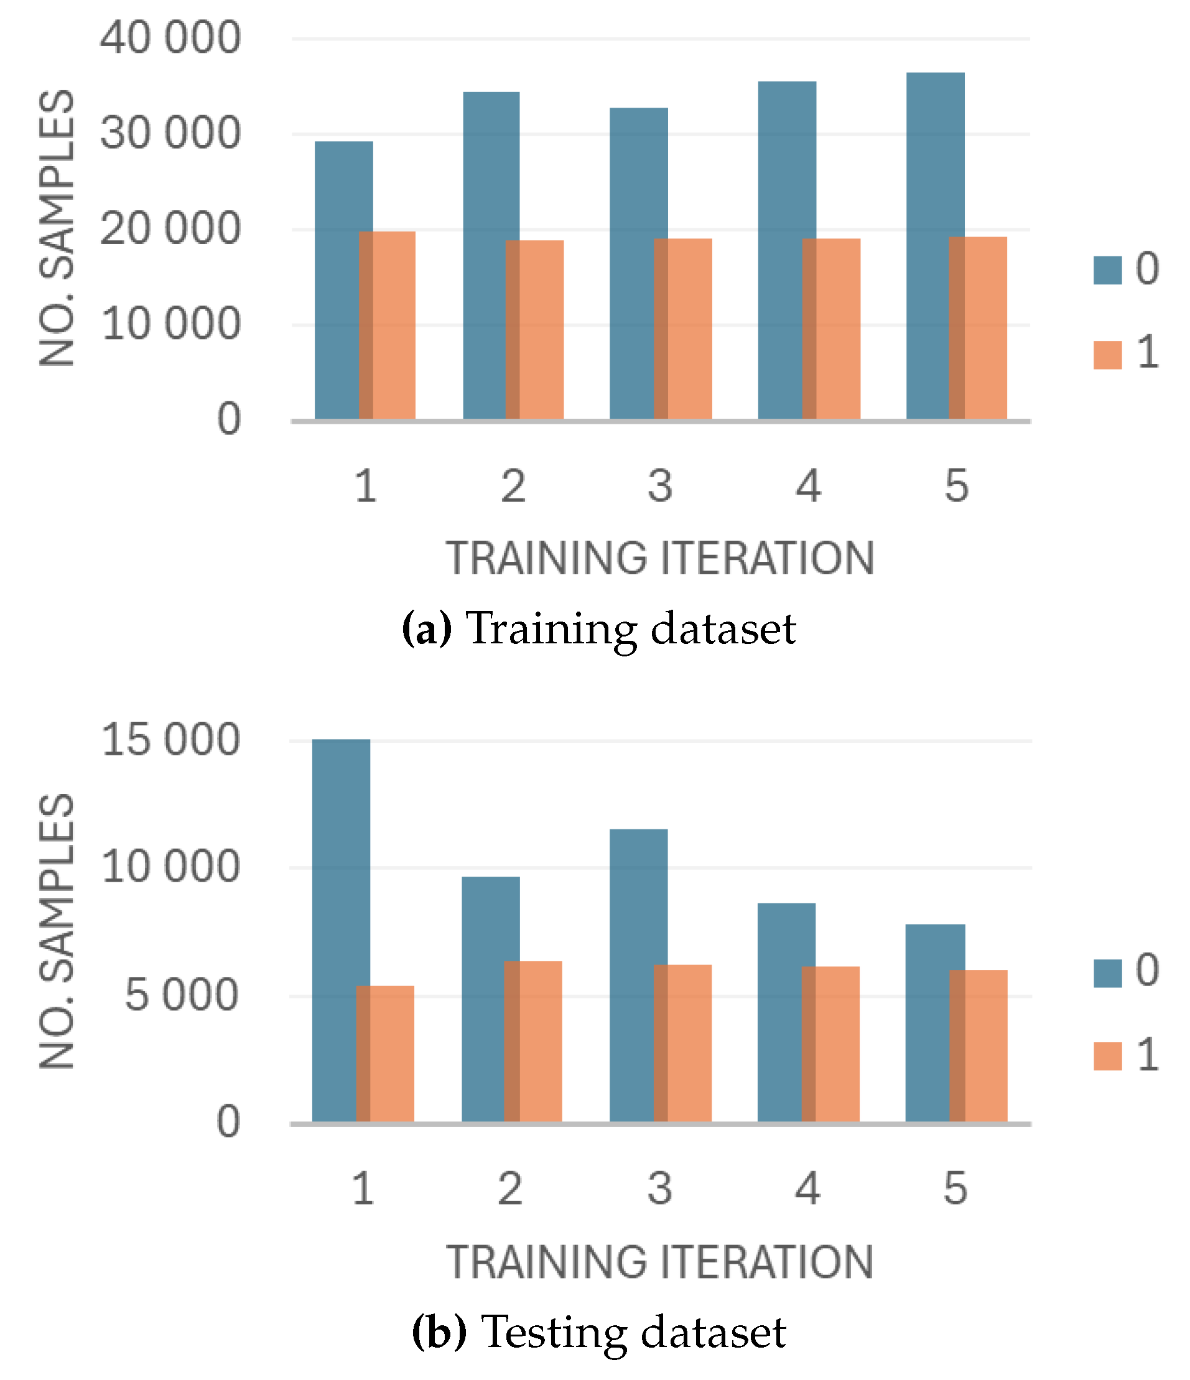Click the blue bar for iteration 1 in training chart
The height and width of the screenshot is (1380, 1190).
click(337, 280)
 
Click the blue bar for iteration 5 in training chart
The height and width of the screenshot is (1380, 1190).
click(927, 246)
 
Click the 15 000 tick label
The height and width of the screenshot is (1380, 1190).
click(170, 739)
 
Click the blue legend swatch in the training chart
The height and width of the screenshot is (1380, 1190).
click(1107, 271)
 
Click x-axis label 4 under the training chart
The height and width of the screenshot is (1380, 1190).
click(808, 486)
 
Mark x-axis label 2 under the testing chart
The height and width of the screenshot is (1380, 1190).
click(510, 1189)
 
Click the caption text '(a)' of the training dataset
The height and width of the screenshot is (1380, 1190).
click(427, 628)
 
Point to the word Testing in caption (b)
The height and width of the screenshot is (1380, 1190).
click(554, 1331)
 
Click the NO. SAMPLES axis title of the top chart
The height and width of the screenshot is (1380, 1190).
click(57, 228)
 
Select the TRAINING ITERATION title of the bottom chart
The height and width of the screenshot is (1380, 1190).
click(659, 1262)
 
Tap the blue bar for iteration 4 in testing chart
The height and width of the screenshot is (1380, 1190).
click(779, 1012)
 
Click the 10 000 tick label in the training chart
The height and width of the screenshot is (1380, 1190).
click(170, 324)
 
